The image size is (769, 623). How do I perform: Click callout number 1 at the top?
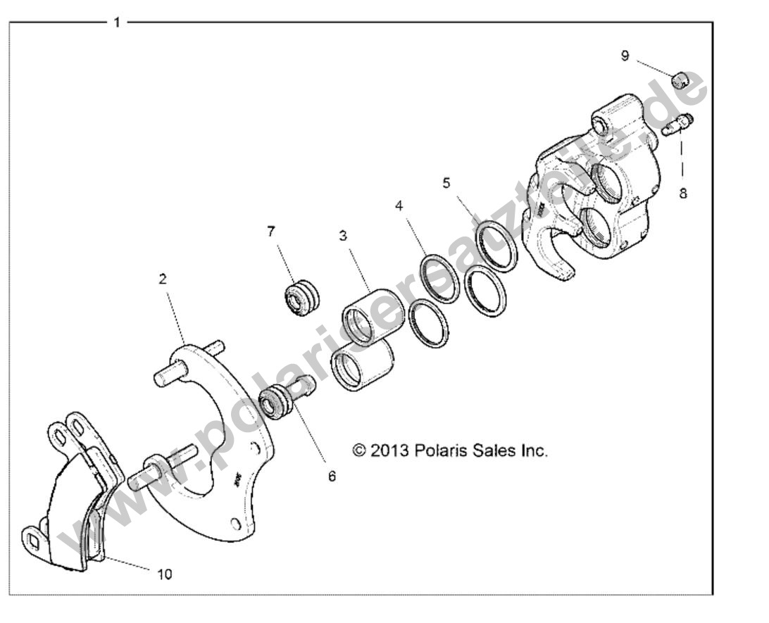117,22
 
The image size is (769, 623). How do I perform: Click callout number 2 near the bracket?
163,279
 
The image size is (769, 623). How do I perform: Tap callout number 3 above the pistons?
343,236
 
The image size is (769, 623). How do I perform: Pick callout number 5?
446,184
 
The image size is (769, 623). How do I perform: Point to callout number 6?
331,476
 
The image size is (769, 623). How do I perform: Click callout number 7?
272,231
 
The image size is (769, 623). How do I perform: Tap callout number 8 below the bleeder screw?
682,192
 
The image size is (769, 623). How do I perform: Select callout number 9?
625,56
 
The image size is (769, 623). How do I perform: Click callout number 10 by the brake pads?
163,574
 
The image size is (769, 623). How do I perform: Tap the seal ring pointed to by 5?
499,247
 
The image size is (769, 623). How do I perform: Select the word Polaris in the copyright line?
439,450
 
